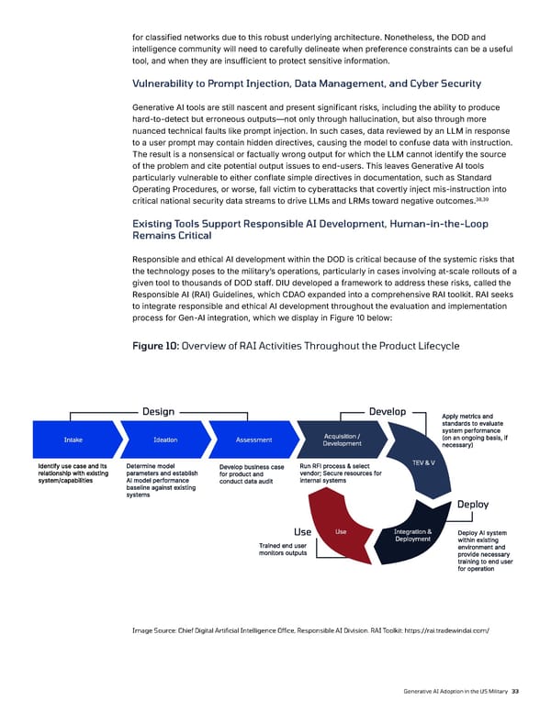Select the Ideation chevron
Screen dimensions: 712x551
pyautogui.click(x=166, y=439)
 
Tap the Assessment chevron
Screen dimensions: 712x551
pyautogui.click(x=253, y=439)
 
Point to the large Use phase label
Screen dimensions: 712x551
pyautogui.click(x=302, y=531)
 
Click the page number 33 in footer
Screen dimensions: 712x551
pyautogui.click(x=515, y=691)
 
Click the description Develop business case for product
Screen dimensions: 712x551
pyautogui.click(x=251, y=474)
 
